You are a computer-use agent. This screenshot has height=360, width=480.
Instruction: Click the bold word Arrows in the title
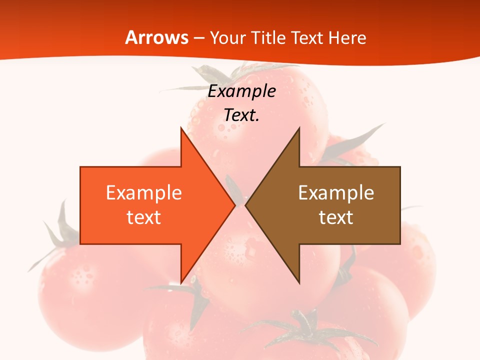(156, 38)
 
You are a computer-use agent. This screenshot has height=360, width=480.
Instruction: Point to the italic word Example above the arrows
(242, 91)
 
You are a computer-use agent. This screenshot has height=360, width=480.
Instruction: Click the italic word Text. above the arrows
(242, 115)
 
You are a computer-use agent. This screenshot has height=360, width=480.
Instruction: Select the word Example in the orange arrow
(144, 193)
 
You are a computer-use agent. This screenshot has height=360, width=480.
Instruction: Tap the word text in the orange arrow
(144, 217)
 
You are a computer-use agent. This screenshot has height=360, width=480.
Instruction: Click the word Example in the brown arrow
(336, 193)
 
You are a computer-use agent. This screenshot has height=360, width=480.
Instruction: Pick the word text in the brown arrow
(336, 217)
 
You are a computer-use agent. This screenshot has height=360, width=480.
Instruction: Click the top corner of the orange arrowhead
(181, 128)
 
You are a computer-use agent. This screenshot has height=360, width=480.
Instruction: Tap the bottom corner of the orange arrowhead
(181, 282)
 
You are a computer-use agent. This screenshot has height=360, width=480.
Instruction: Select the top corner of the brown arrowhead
(299, 128)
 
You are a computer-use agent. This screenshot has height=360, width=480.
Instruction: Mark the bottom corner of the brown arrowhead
(299, 282)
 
